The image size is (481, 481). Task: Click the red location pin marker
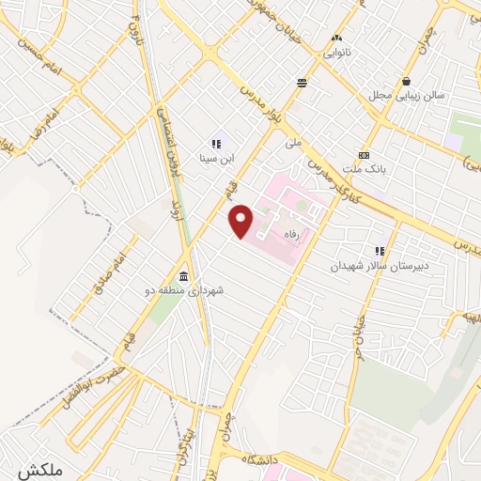[x=241, y=221]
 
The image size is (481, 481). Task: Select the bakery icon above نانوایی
[x=337, y=39]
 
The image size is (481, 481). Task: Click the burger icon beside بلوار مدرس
[x=302, y=83]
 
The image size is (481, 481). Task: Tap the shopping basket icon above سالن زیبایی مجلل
[x=406, y=81]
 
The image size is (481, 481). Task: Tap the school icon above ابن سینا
[x=215, y=144]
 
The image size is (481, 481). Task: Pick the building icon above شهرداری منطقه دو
[x=181, y=277]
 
